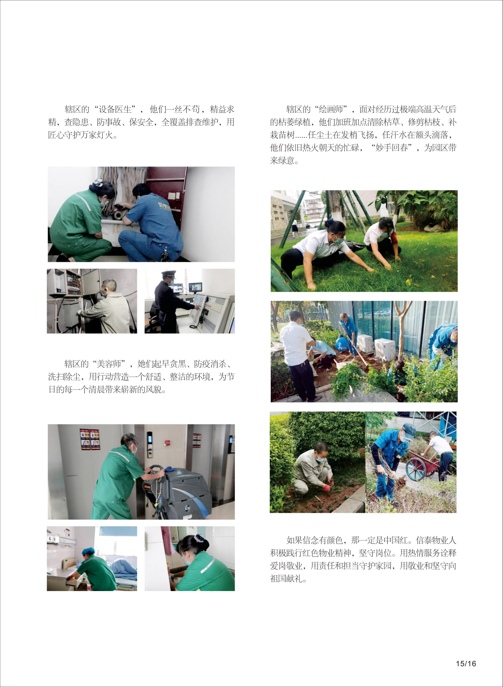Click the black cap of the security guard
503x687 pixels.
[168, 274]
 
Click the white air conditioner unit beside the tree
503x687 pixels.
[385, 349]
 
